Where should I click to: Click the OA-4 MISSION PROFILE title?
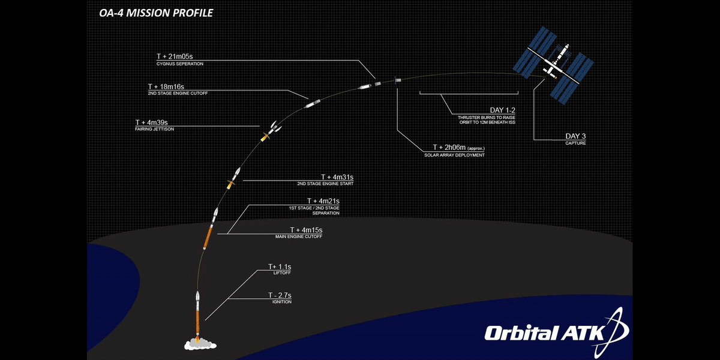point(155,12)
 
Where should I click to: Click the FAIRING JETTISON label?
point(155,129)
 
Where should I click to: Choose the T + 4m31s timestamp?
point(337,177)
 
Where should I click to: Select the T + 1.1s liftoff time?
point(280,266)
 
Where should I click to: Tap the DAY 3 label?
point(575,136)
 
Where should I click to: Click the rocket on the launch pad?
point(197,312)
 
